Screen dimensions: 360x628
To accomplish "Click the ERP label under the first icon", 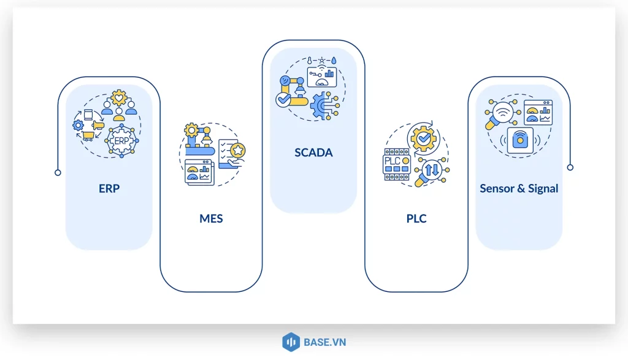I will [109, 188].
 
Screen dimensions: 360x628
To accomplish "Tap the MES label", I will [211, 218].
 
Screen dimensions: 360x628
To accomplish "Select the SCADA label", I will [313, 153].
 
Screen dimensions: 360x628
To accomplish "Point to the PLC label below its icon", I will [416, 218].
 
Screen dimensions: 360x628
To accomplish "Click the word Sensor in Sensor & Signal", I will [497, 188].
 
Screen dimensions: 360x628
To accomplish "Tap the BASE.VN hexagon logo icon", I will [290, 342].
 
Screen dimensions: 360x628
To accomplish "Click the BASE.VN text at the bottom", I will [324, 342].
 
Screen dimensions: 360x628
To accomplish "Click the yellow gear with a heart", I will [118, 98].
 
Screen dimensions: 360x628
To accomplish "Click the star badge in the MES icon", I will [236, 150].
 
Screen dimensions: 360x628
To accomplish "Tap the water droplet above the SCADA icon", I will [334, 61].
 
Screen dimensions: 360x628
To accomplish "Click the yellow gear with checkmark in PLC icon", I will [423, 139].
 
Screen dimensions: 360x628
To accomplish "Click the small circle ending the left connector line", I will [58, 172].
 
